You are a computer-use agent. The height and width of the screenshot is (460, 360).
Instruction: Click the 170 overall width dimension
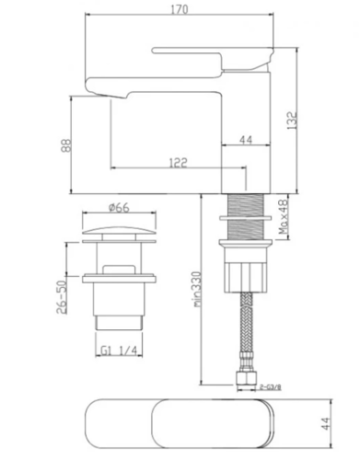[x=179, y=9]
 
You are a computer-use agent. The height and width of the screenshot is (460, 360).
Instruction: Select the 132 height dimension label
[x=292, y=121]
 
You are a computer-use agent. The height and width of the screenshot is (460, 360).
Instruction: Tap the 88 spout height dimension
[x=66, y=145]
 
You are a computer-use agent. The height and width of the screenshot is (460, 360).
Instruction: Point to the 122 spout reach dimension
[x=178, y=163]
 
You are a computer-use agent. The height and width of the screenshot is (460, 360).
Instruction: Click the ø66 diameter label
[x=119, y=208]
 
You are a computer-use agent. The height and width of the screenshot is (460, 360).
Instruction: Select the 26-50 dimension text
[x=61, y=297]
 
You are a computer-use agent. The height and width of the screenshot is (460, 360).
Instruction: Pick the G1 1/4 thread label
[x=119, y=351]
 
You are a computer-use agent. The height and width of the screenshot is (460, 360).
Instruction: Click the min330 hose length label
[x=197, y=289]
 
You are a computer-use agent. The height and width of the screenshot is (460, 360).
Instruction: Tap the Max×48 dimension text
[x=284, y=216]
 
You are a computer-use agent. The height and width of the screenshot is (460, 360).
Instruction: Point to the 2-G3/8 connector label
[x=271, y=386]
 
